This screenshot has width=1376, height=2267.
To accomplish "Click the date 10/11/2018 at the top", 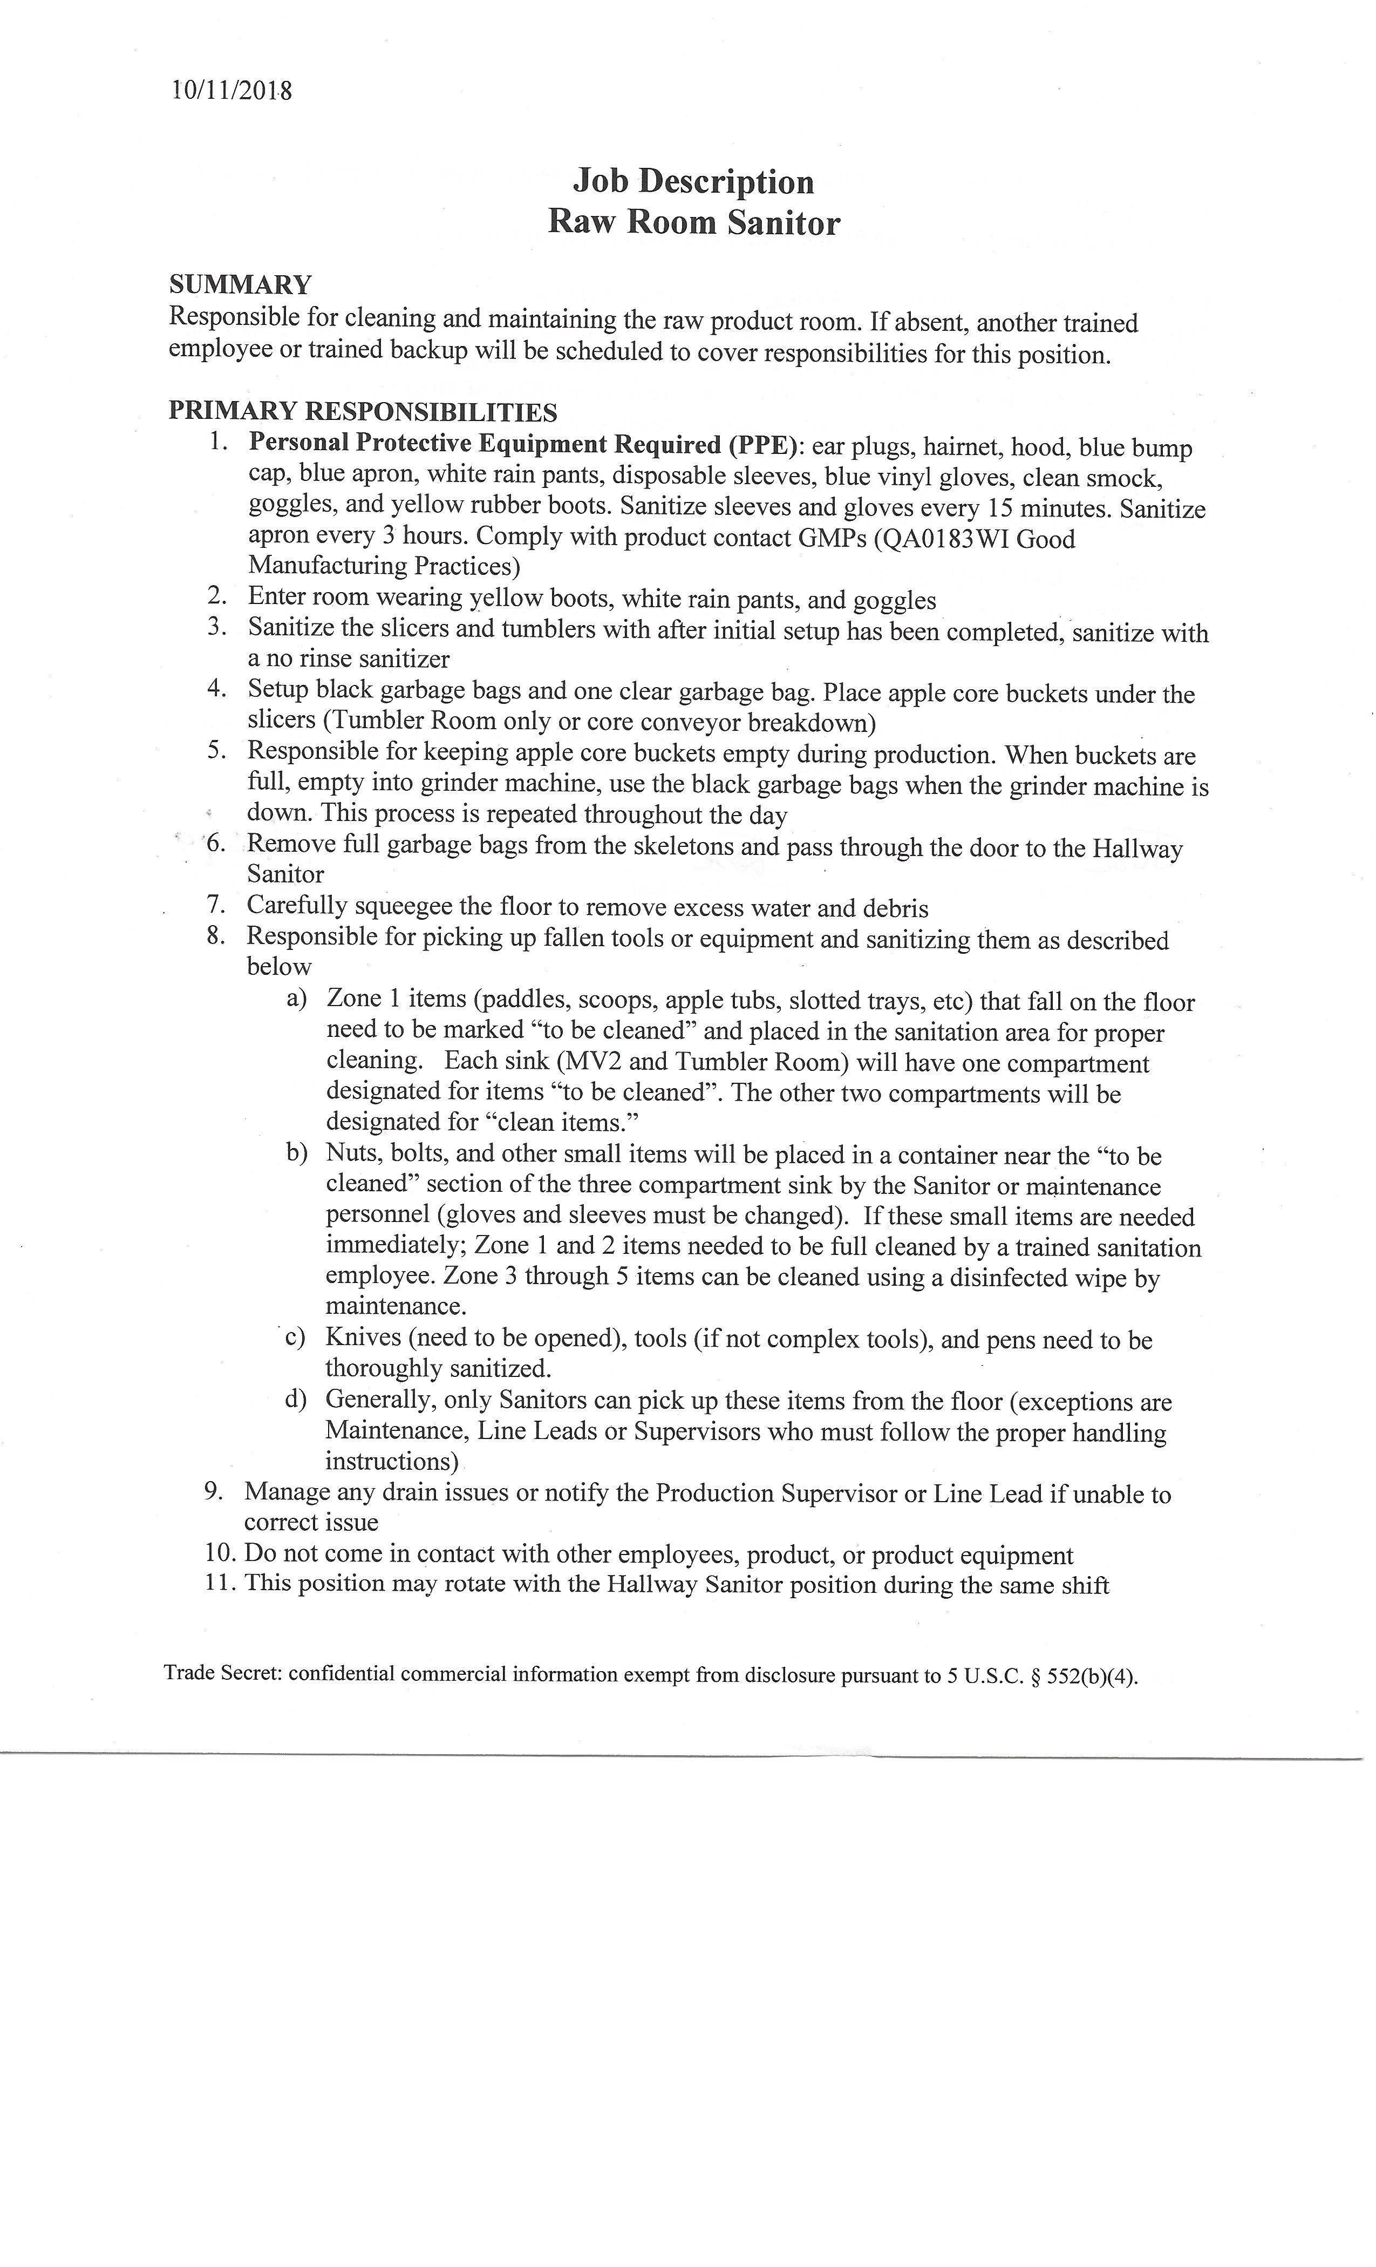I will [232, 91].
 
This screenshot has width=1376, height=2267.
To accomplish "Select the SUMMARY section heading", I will [240, 284].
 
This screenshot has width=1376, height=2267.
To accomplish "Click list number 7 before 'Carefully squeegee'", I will [217, 905].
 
